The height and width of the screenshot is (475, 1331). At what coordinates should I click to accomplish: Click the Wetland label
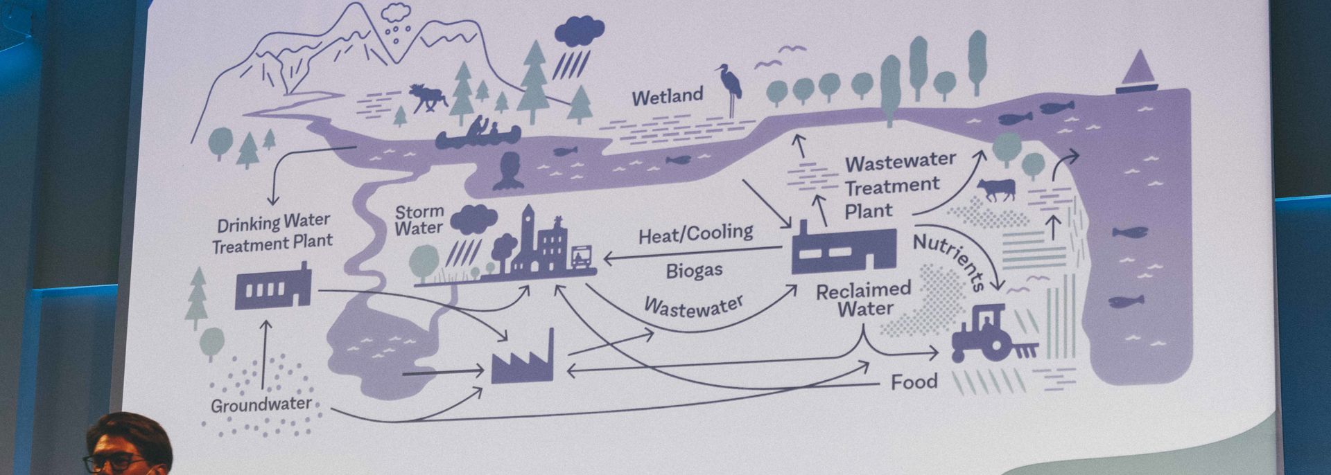click(667, 96)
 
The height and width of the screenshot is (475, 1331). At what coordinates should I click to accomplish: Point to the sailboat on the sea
click(1137, 73)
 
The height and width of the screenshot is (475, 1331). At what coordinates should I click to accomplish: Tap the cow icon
click(996, 188)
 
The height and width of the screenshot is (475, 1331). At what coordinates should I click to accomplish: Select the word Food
click(914, 382)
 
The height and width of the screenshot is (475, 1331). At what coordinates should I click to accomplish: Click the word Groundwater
click(261, 404)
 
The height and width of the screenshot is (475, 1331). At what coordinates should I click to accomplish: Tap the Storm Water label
click(419, 219)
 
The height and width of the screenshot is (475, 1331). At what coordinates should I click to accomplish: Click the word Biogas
click(694, 270)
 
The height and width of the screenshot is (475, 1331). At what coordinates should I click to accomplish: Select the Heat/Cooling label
click(695, 234)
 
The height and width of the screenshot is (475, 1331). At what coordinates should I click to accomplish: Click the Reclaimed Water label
click(864, 299)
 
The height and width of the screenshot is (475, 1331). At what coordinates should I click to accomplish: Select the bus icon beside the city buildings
click(580, 257)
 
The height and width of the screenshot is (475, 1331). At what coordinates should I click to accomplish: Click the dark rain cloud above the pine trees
click(578, 32)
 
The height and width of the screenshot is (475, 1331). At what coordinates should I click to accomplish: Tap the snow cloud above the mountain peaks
click(397, 13)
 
